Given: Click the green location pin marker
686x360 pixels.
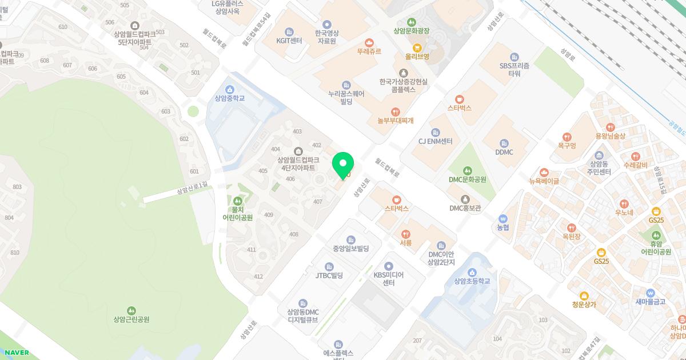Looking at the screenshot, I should click(343, 165).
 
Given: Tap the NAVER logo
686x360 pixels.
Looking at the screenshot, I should click(15, 353).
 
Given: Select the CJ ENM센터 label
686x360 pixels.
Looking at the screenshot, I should click(436, 141).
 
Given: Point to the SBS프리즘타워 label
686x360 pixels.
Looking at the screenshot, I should click(514, 70).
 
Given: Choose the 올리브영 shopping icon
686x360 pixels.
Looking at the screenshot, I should click(417, 47).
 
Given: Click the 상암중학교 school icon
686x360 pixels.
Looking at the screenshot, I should click(230, 89).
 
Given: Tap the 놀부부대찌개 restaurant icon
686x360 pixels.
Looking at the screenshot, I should click(395, 111).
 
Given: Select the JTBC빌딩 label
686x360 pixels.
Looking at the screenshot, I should click(329, 275).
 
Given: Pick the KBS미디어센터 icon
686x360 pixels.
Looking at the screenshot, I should click(389, 266).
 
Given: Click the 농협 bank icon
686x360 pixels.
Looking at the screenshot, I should click(503, 218).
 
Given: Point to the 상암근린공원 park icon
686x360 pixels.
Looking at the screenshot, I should click(131, 310).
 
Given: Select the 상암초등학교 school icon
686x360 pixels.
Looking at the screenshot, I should click(472, 271).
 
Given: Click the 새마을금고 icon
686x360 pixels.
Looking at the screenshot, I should click(650, 293).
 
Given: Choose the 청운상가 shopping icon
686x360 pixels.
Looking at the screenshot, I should click(584, 295).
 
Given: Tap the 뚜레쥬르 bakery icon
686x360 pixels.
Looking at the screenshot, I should click(369, 42).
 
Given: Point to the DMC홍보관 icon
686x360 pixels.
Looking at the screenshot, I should click(465, 199).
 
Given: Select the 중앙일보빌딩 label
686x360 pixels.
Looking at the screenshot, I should click(351, 249).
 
